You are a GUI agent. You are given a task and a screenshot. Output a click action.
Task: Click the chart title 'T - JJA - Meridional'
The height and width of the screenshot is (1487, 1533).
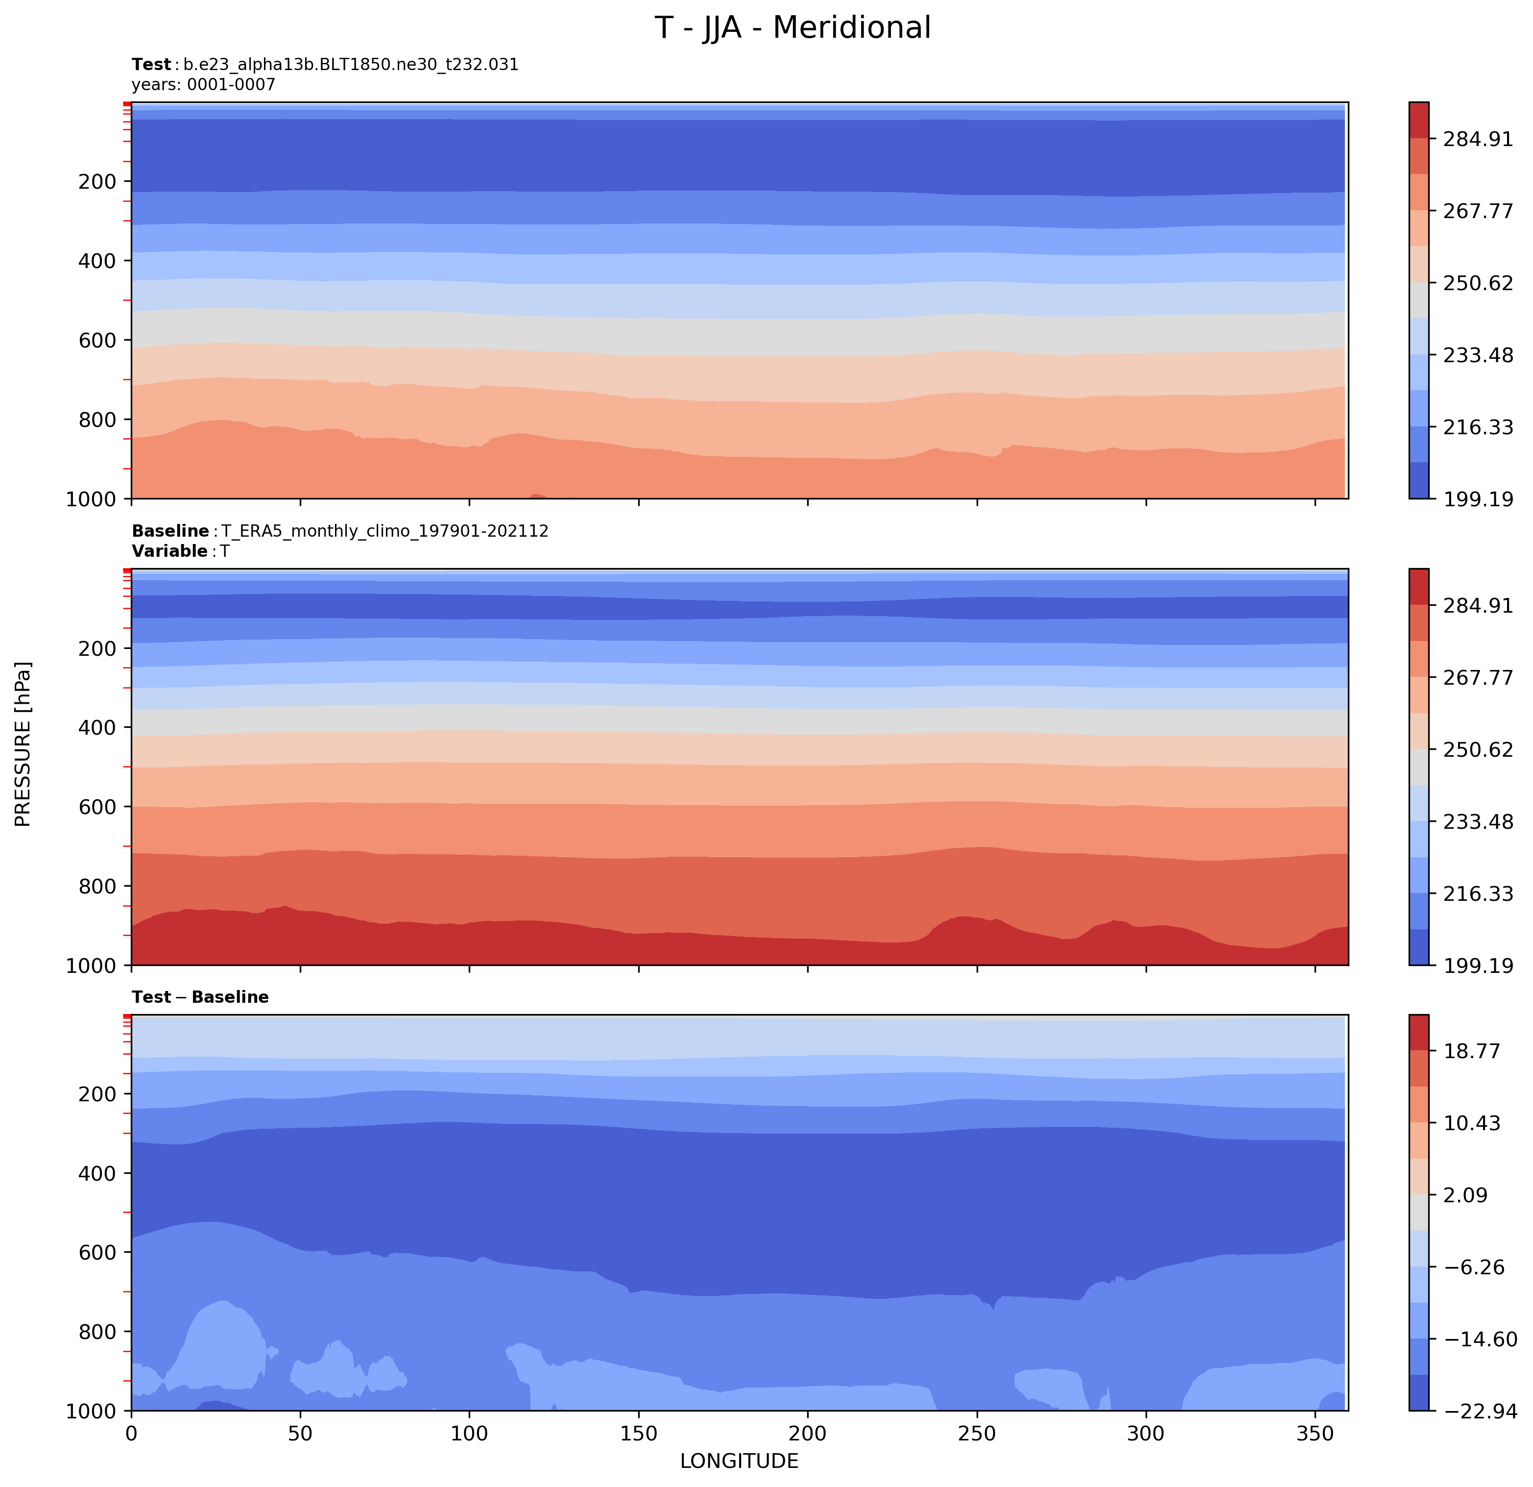(x=792, y=28)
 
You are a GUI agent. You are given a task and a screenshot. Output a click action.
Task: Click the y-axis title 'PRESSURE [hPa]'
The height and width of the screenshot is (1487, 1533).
(x=24, y=743)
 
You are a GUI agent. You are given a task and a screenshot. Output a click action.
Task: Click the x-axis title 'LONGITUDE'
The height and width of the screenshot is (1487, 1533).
(x=739, y=1461)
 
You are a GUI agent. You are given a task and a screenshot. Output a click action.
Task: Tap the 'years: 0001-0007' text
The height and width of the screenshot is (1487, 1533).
(x=203, y=84)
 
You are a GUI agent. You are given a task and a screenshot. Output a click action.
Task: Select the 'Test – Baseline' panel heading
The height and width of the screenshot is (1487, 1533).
(x=200, y=997)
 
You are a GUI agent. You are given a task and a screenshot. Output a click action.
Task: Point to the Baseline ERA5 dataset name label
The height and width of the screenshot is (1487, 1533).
(x=340, y=531)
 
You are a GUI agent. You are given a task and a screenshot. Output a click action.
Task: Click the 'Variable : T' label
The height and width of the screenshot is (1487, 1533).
(x=181, y=551)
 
